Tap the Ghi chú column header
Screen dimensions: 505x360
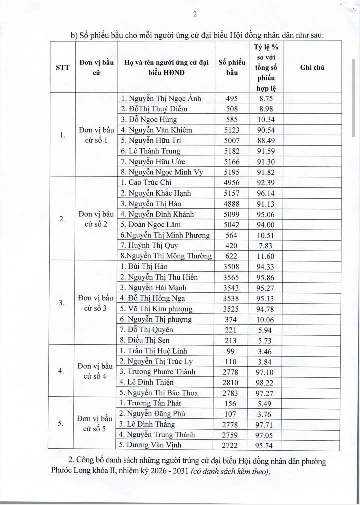tap(312, 67)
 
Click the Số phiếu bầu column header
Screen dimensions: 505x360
tap(232, 67)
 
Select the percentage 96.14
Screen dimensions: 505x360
tap(269, 193)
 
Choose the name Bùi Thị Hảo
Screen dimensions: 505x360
tap(148, 266)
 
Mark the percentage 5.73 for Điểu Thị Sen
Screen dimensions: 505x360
tap(269, 340)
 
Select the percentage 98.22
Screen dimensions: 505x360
tap(269, 382)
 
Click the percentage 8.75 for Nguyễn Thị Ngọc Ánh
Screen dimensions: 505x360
tap(269, 98)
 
